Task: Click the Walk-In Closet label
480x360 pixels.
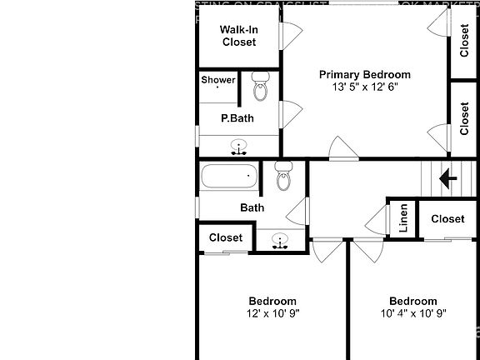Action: point(238,36)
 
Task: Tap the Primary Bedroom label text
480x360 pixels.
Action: point(365,74)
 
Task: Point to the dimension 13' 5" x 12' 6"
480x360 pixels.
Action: point(365,87)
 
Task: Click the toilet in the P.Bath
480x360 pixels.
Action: point(260,86)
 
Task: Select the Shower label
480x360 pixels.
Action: point(217,80)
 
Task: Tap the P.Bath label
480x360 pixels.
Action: point(237,118)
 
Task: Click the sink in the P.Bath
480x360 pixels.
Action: point(239,148)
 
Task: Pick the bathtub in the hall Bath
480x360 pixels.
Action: point(228,177)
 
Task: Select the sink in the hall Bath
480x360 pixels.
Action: point(280,241)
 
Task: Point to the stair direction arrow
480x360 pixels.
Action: point(448,177)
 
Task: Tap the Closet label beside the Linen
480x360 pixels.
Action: point(448,219)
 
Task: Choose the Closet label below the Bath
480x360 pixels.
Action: point(226,237)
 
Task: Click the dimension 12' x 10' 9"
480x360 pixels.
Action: point(272,314)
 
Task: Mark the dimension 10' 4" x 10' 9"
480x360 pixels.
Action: point(413,314)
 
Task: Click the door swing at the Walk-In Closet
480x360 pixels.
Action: point(288,34)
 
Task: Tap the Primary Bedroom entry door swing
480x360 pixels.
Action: point(342,150)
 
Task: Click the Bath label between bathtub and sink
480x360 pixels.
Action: point(252,207)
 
